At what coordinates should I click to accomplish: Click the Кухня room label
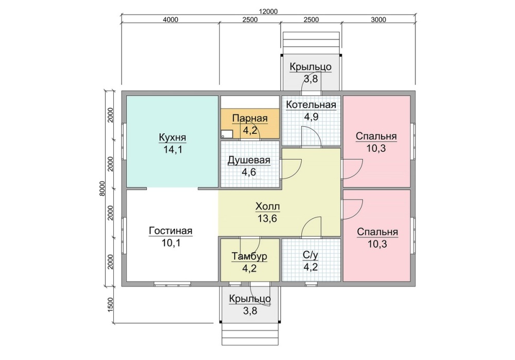(173, 137)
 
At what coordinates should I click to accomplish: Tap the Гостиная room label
(170, 231)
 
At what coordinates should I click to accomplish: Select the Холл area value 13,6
(267, 218)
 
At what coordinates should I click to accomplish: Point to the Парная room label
(250, 118)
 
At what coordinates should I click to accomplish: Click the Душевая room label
(249, 160)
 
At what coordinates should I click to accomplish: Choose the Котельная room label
(311, 105)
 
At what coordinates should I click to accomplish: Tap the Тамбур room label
(249, 256)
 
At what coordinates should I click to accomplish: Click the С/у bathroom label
(311, 255)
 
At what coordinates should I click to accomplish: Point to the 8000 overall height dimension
(102, 188)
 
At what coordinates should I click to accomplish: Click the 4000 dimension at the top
(170, 20)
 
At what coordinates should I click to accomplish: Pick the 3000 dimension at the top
(379, 20)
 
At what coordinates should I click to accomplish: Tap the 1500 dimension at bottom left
(110, 305)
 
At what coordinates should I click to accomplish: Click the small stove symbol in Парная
(227, 134)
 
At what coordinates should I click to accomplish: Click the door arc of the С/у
(311, 227)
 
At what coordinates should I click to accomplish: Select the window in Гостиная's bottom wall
(173, 284)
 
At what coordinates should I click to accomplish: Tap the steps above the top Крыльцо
(311, 43)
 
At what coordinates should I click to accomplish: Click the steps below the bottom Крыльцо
(250, 333)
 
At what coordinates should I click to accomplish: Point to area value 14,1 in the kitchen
(173, 150)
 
